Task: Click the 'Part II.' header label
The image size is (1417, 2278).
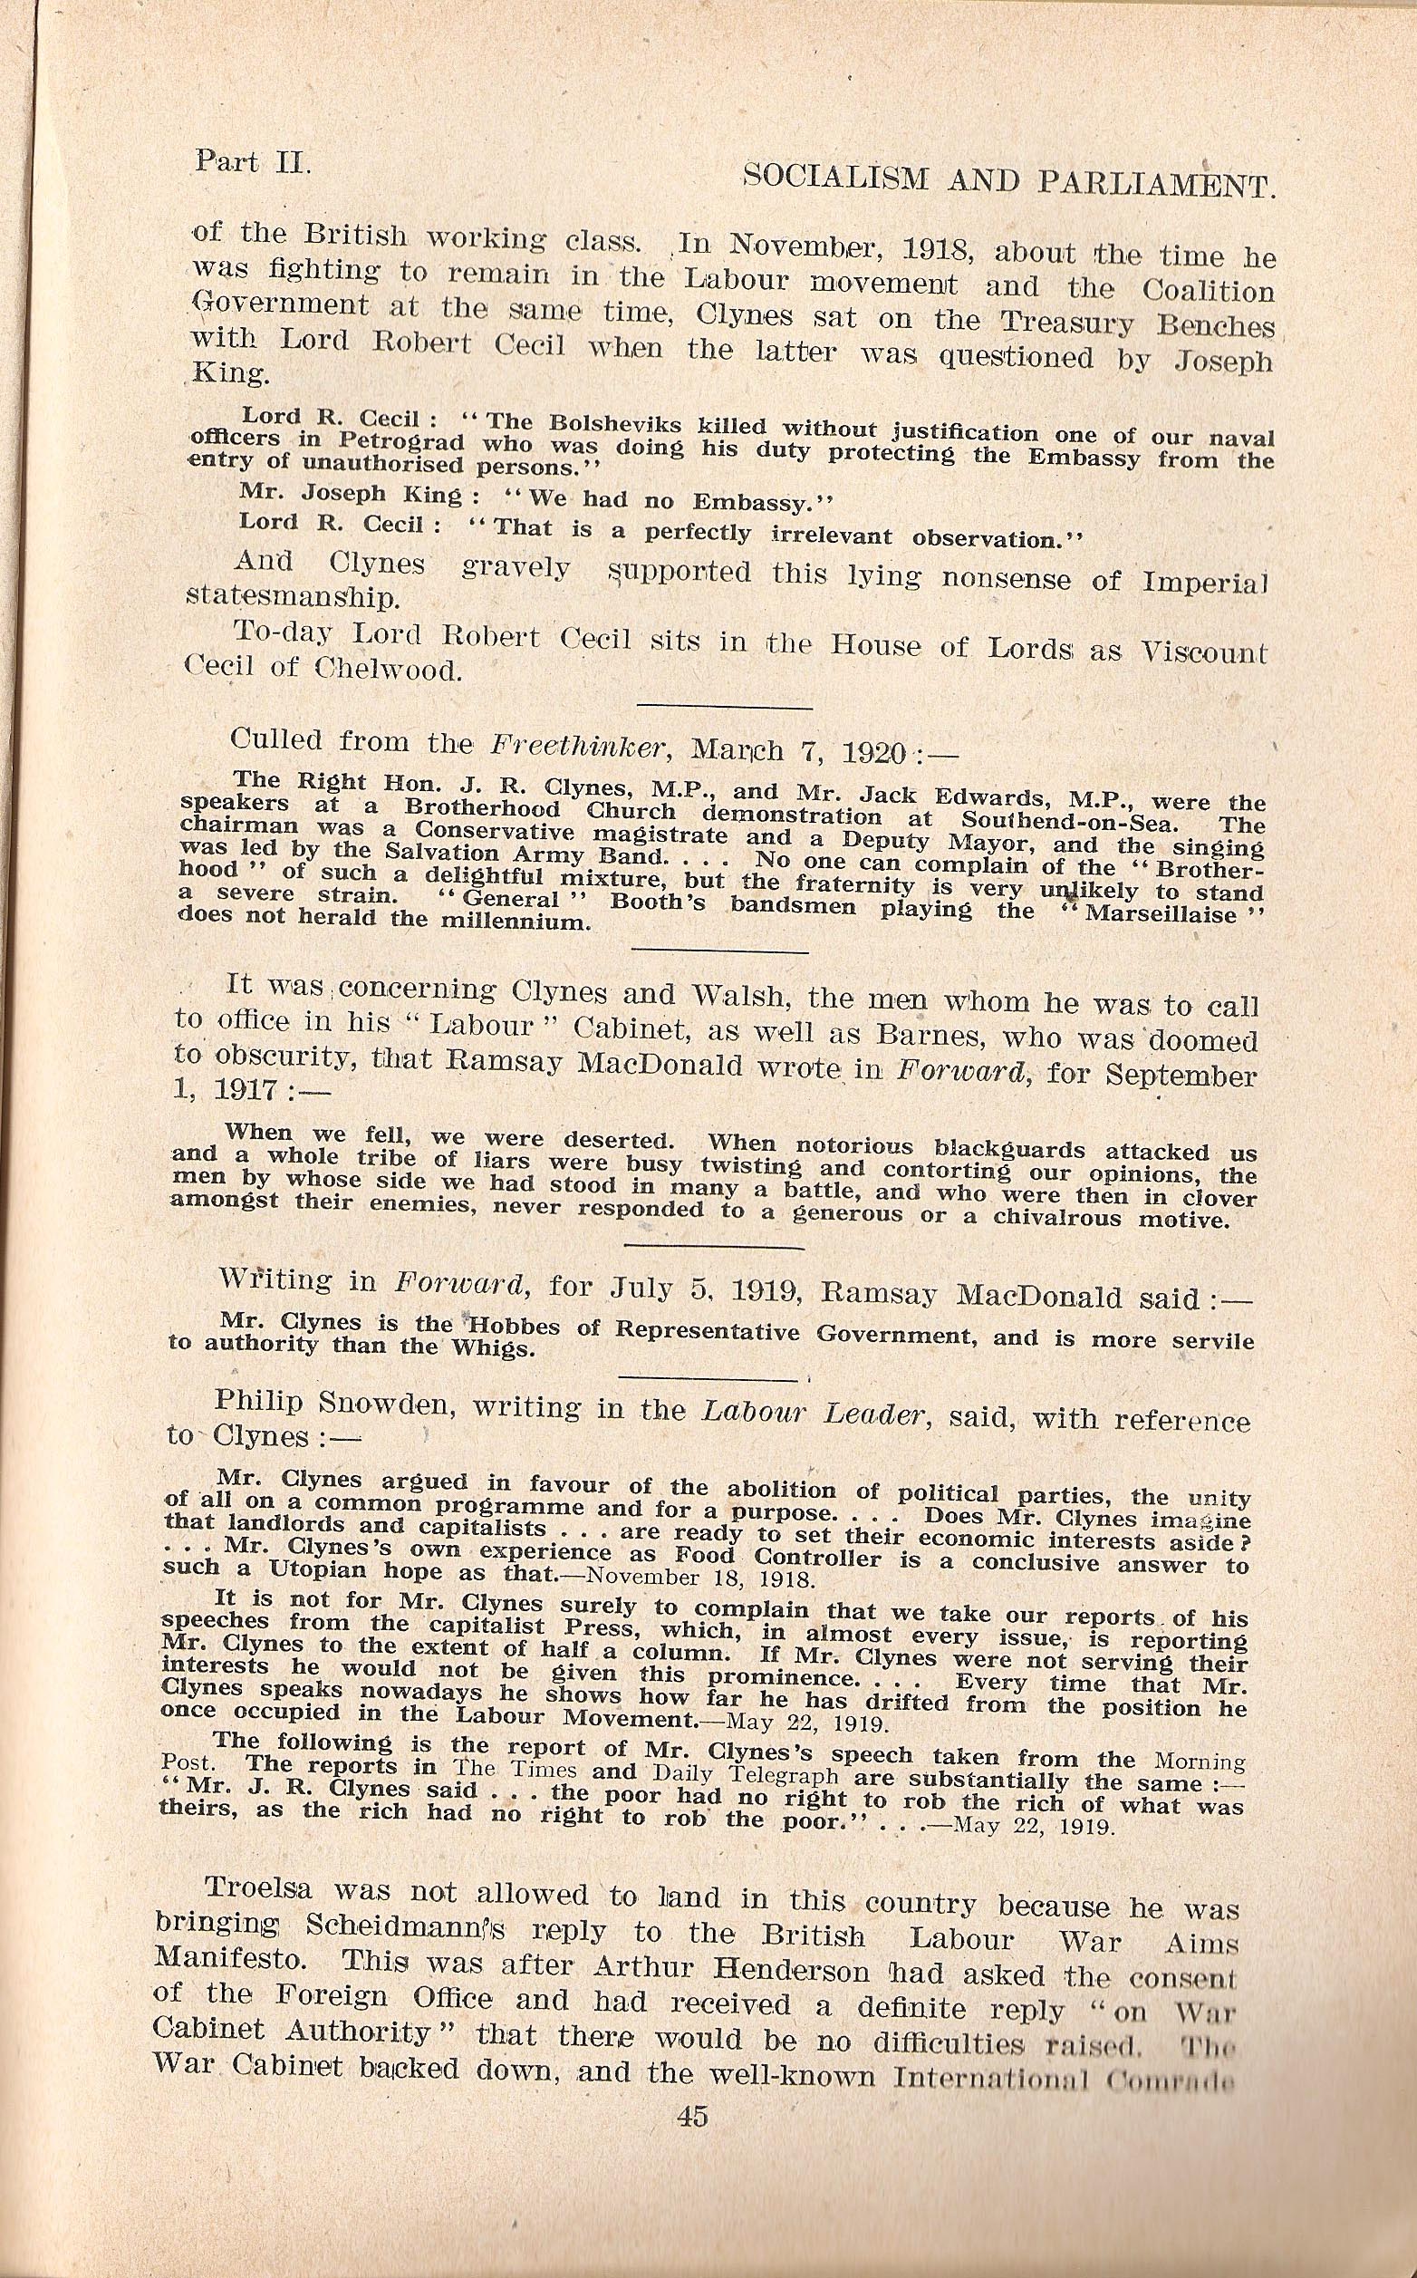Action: (251, 161)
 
